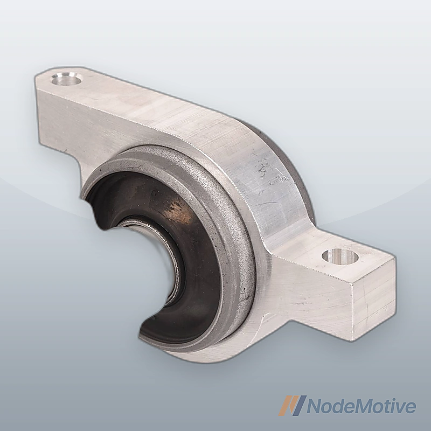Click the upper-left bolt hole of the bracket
coord(67,79)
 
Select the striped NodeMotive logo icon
coord(292,405)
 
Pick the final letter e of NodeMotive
coord(410,408)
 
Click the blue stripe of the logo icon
coord(299,405)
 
